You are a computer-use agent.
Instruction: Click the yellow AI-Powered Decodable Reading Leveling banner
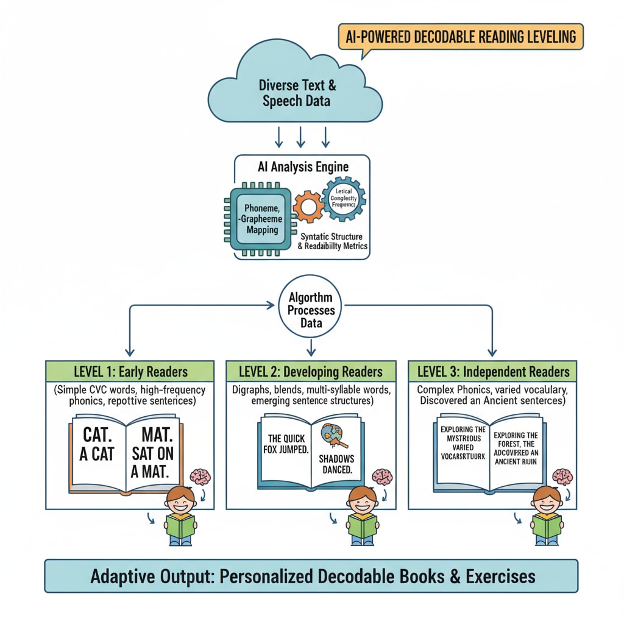point(460,37)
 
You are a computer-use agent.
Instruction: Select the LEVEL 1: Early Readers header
point(130,371)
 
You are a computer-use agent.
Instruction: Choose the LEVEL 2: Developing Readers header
point(311,371)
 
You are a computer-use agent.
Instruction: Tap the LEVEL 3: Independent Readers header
point(492,371)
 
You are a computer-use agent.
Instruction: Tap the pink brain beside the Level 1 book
point(200,478)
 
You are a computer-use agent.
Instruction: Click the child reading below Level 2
point(362,515)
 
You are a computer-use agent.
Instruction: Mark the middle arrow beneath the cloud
point(301,137)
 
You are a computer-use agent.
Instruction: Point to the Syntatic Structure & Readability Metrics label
point(332,241)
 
